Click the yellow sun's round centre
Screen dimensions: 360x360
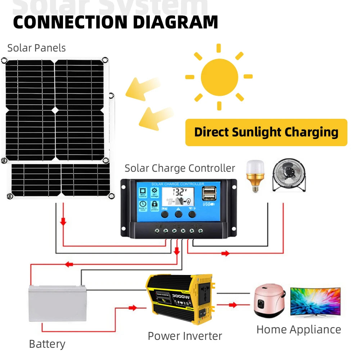pyautogui.click(x=219, y=77)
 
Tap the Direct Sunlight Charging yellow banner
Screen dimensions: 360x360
pyautogui.click(x=266, y=132)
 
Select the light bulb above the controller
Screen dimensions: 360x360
pyautogui.click(x=255, y=175)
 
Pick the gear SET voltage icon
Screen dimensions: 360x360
pyautogui.click(x=154, y=192)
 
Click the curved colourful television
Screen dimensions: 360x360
pyautogui.click(x=315, y=302)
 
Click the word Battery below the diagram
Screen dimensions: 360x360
pyautogui.click(x=47, y=344)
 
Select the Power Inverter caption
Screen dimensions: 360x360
pyautogui.click(x=185, y=336)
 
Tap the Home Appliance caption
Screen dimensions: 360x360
pyautogui.click(x=298, y=329)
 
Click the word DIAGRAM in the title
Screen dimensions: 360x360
pyautogui.click(x=175, y=22)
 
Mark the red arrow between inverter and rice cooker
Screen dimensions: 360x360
pyautogui.click(x=233, y=305)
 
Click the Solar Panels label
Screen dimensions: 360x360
pyautogui.click(x=36, y=48)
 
